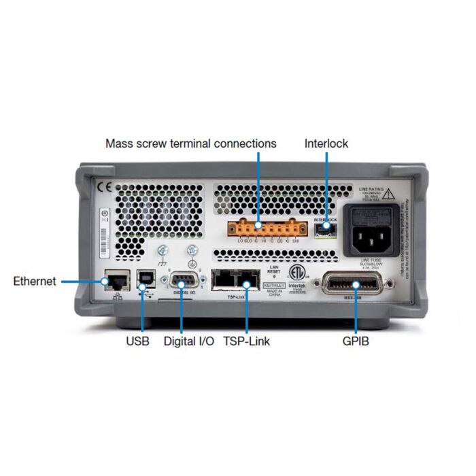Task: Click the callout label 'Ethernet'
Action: [x=35, y=281]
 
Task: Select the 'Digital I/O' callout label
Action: [x=189, y=341]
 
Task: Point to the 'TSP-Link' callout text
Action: [x=246, y=341]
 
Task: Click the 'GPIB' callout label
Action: [x=355, y=341]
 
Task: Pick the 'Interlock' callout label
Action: [x=326, y=143]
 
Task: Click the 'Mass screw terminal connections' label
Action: [x=191, y=143]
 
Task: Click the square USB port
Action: [x=144, y=280]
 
